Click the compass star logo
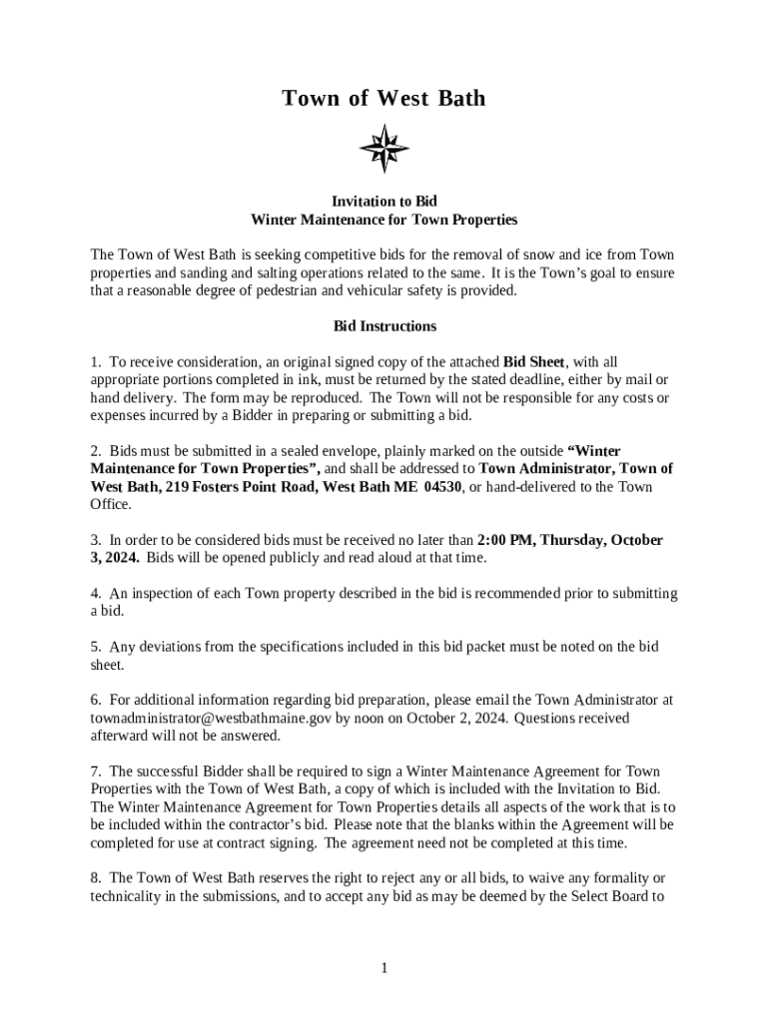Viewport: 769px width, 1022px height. coord(384,150)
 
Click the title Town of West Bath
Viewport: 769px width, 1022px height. coord(384,98)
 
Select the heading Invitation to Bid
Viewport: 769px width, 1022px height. coord(384,202)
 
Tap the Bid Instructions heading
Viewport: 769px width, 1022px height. coord(384,326)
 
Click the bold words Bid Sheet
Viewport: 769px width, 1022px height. coord(534,361)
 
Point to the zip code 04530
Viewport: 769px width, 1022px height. coord(442,487)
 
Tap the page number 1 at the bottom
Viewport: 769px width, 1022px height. coord(384,967)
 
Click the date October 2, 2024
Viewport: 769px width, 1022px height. coord(449,718)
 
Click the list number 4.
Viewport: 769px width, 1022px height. coord(95,593)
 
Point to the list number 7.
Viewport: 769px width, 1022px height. coord(95,771)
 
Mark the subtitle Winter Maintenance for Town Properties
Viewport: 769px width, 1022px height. coord(384,220)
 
